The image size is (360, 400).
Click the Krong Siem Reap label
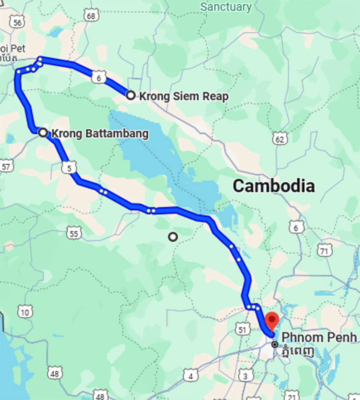click(x=183, y=96)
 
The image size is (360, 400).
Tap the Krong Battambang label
click(x=100, y=133)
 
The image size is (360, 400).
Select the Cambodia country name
click(x=273, y=186)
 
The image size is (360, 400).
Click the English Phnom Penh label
click(x=319, y=337)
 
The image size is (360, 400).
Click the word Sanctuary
click(x=226, y=7)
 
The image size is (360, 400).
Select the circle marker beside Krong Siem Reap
click(x=131, y=95)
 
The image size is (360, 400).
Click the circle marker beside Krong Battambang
click(x=43, y=132)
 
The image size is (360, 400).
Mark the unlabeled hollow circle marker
click(x=173, y=236)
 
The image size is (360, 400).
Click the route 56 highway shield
click(x=17, y=22)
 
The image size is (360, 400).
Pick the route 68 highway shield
click(x=92, y=16)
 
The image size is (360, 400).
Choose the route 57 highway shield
click(x=7, y=166)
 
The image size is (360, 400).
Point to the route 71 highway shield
click(x=324, y=251)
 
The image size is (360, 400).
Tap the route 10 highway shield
click(x=25, y=313)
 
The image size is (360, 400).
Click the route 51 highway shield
click(x=243, y=330)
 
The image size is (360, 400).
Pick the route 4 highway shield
click(x=190, y=376)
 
